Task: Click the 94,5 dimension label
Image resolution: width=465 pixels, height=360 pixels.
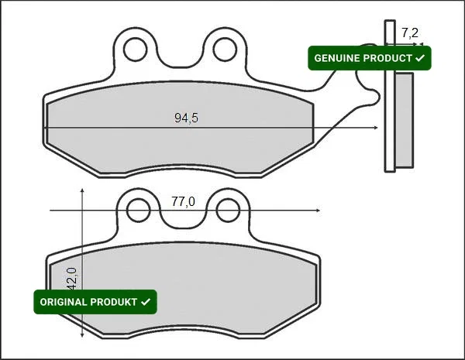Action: [x=186, y=118]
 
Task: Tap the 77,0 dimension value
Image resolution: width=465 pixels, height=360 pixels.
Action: [x=183, y=202]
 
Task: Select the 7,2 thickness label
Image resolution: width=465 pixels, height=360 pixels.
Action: [x=410, y=33]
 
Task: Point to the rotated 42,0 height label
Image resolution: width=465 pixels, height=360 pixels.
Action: [x=72, y=279]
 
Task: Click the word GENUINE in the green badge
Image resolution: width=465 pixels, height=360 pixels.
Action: [x=337, y=58]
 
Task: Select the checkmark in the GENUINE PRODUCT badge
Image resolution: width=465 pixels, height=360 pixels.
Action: [x=420, y=58]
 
